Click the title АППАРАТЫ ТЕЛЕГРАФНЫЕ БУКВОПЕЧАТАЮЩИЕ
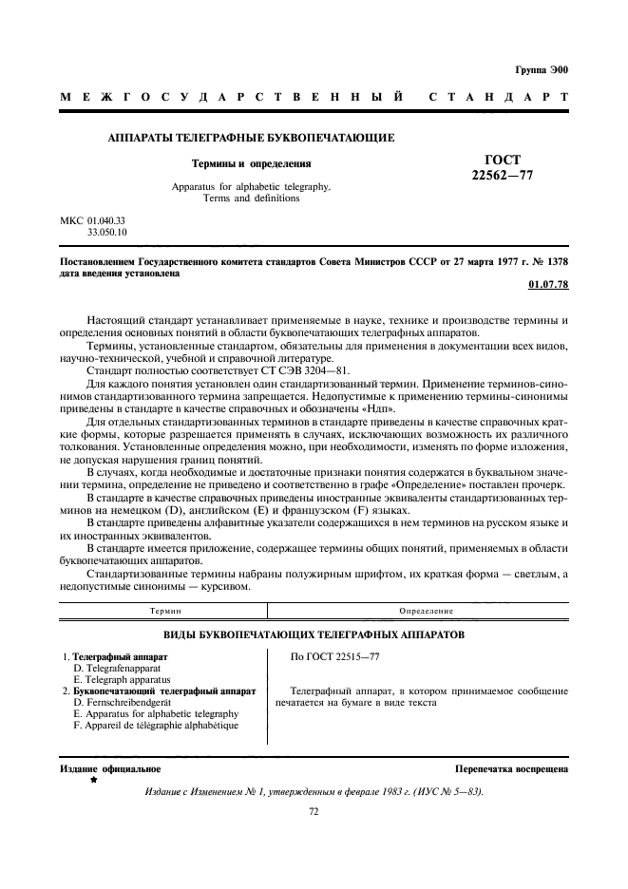(251, 139)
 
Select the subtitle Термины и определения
(251, 163)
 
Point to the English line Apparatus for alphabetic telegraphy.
(251, 187)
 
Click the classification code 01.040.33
(106, 219)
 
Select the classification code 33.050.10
(106, 231)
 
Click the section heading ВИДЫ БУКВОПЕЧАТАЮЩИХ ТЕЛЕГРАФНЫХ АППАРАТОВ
(314, 633)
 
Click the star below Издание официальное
(93, 779)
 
